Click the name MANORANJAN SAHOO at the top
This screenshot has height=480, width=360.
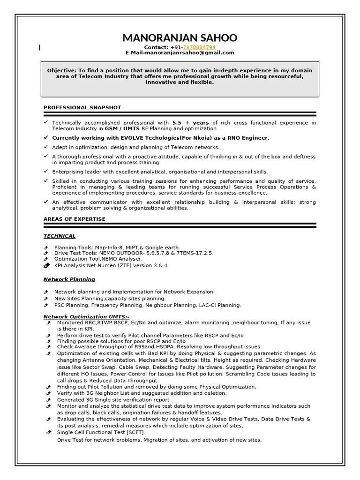coord(180,37)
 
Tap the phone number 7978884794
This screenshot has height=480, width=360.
coord(200,47)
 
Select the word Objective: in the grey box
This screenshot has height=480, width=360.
coord(61,70)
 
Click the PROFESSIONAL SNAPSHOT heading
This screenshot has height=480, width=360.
coord(82,107)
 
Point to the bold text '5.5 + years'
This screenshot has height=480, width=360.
coord(190,123)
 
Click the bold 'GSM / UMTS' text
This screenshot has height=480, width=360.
coord(121,128)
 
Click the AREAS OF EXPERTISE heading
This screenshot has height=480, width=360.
coord(74,219)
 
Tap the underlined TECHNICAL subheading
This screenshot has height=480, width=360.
coord(59,236)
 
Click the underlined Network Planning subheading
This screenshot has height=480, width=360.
coord(69,279)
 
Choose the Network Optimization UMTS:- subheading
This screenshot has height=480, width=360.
coord(86,317)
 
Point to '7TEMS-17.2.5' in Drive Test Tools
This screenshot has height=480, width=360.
coord(194,253)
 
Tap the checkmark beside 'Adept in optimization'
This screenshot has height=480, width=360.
coord(45,147)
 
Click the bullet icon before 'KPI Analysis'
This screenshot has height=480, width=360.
coord(46,265)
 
